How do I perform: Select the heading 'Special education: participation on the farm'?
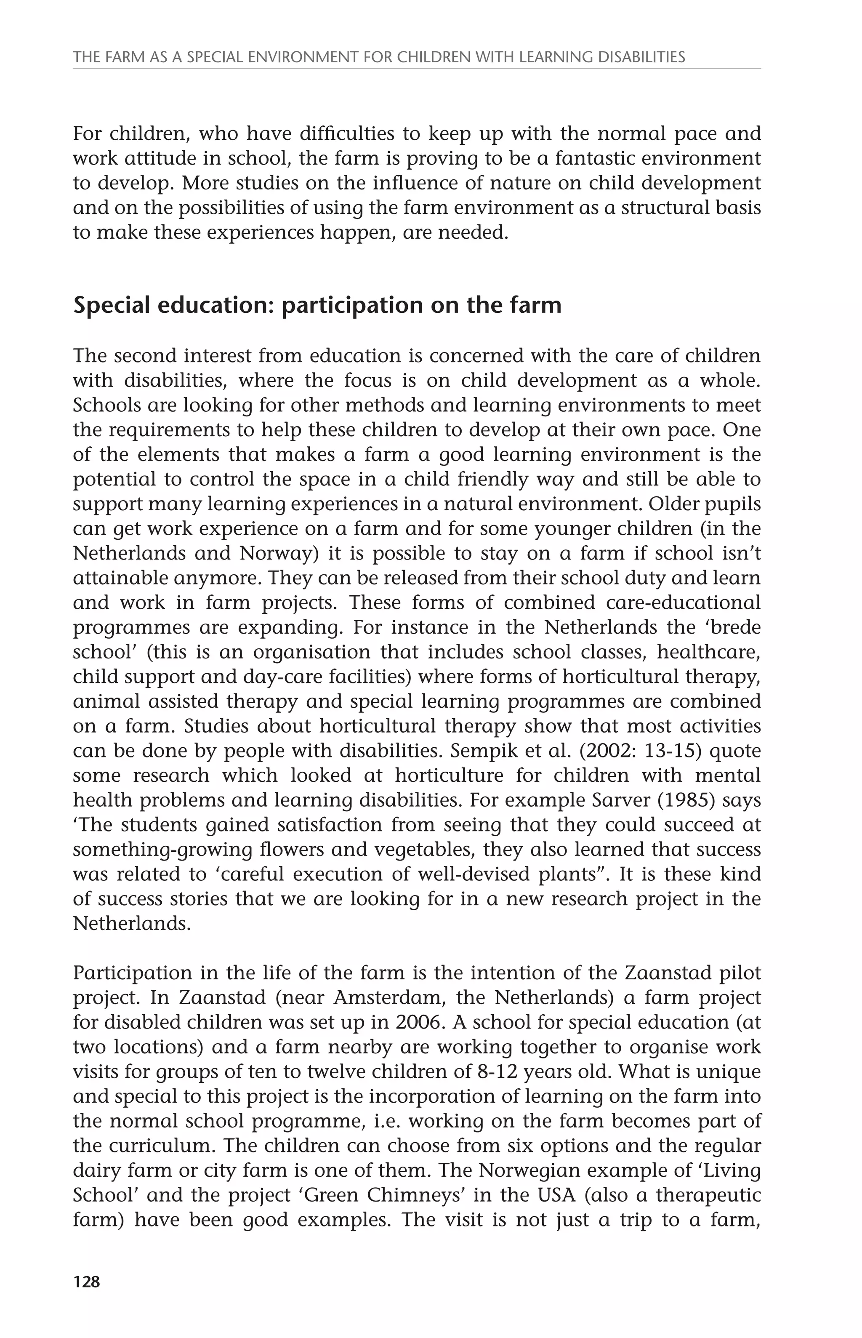click(x=317, y=306)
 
